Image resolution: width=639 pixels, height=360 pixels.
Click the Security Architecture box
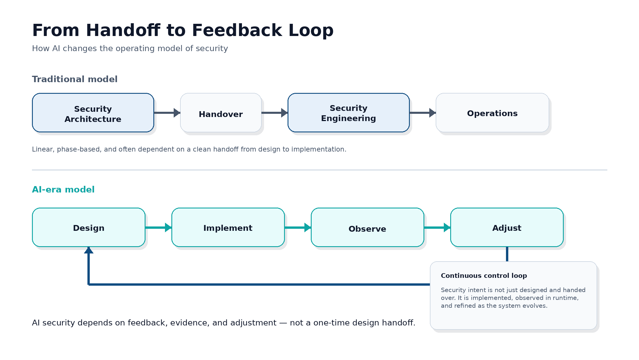93,113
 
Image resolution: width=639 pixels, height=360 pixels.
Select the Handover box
221,113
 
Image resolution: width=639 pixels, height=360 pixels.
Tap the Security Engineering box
349,113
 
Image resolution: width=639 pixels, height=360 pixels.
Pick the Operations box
492,113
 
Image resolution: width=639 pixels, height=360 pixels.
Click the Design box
89,227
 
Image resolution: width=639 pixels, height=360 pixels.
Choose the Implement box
228,227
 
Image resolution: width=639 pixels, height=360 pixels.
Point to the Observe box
367,227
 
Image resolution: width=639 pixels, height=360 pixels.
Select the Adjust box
507,227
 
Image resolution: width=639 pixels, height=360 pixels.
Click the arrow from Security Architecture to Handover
167,113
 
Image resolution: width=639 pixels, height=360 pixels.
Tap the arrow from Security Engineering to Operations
423,113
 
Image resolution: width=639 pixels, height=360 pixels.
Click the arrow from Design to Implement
158,227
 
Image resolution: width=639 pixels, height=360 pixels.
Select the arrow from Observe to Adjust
437,227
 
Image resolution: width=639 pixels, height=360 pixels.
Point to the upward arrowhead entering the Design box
89,251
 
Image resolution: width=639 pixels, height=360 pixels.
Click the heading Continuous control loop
484,276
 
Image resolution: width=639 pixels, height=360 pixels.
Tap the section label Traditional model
75,79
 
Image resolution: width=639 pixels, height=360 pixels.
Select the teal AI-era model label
63,190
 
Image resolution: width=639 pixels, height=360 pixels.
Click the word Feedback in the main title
237,30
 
